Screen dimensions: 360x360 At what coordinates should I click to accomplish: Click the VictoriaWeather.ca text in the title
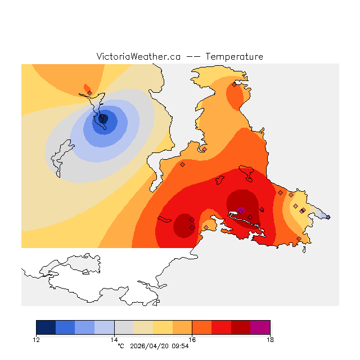(x=138, y=57)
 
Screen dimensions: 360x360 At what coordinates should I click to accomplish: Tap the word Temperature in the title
(x=235, y=57)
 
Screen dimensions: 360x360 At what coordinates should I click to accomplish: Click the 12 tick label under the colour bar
(x=37, y=339)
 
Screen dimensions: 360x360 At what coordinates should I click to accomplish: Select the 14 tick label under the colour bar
(x=114, y=339)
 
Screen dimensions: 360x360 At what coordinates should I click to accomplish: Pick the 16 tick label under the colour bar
(x=192, y=339)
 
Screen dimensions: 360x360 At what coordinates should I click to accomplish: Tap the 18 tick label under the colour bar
(x=270, y=339)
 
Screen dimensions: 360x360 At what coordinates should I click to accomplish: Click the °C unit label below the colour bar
(x=120, y=346)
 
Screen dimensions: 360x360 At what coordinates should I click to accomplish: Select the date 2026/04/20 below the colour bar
(x=151, y=346)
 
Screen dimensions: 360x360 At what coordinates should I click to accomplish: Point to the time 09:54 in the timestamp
(x=181, y=346)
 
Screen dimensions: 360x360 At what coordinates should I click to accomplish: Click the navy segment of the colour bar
(x=46, y=327)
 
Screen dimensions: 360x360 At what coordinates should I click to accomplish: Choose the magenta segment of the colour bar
(x=260, y=327)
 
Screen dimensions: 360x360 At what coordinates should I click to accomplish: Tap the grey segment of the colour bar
(x=124, y=327)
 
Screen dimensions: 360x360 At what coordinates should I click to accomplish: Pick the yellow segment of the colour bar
(x=163, y=327)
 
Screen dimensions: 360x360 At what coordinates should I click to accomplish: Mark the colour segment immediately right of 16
(x=201, y=327)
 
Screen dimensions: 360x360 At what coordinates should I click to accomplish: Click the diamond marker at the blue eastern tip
(x=328, y=217)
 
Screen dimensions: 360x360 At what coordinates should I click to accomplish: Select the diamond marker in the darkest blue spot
(x=102, y=118)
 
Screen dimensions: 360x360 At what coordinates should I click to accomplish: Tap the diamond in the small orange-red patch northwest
(x=89, y=93)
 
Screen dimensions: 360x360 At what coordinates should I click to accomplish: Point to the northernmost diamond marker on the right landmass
(x=234, y=85)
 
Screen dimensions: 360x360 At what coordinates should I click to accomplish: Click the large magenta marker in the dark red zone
(x=241, y=210)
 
